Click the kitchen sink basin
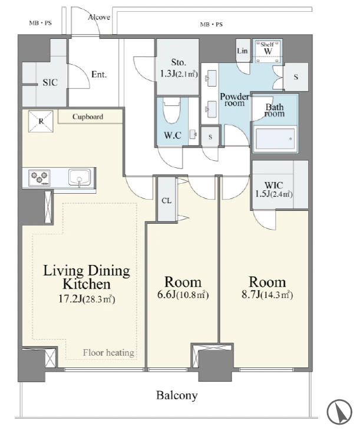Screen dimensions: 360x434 coord(80,178)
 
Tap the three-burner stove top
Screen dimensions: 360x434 coord(39,177)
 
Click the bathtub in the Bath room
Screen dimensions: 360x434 coord(275,138)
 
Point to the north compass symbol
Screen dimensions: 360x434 coord(339,412)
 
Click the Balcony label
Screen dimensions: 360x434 coord(177,395)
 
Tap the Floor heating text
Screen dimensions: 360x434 coord(108,353)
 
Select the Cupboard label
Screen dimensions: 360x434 coord(88,117)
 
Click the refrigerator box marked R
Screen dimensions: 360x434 coord(41,121)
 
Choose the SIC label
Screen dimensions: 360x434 coord(50,82)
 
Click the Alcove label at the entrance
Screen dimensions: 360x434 coord(99,17)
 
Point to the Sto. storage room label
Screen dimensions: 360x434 coord(179,62)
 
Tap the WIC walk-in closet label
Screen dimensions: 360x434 coord(273,185)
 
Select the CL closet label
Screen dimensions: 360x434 coord(166,200)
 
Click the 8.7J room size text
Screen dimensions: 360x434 coord(251,295)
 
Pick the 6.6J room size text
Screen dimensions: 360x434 coord(167,295)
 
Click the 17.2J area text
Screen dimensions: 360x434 coord(70,299)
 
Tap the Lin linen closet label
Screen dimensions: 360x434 coord(242,51)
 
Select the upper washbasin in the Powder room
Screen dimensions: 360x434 coord(212,78)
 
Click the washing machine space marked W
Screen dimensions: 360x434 coord(267,51)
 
